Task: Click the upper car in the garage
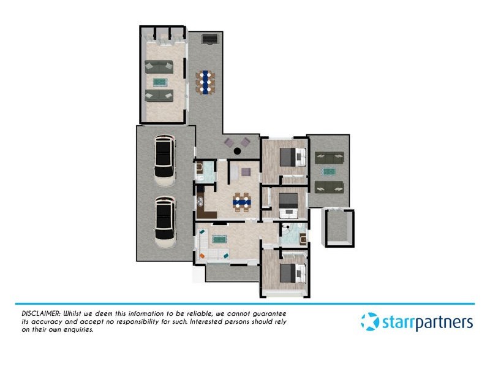pyautogui.click(x=164, y=161)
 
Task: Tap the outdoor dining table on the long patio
pyautogui.click(x=206, y=82)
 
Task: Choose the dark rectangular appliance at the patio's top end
pyautogui.click(x=209, y=39)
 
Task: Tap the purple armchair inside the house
pyautogui.click(x=246, y=172)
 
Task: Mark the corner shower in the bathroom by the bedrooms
pyautogui.click(x=287, y=232)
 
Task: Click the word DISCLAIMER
pyautogui.click(x=36, y=313)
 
